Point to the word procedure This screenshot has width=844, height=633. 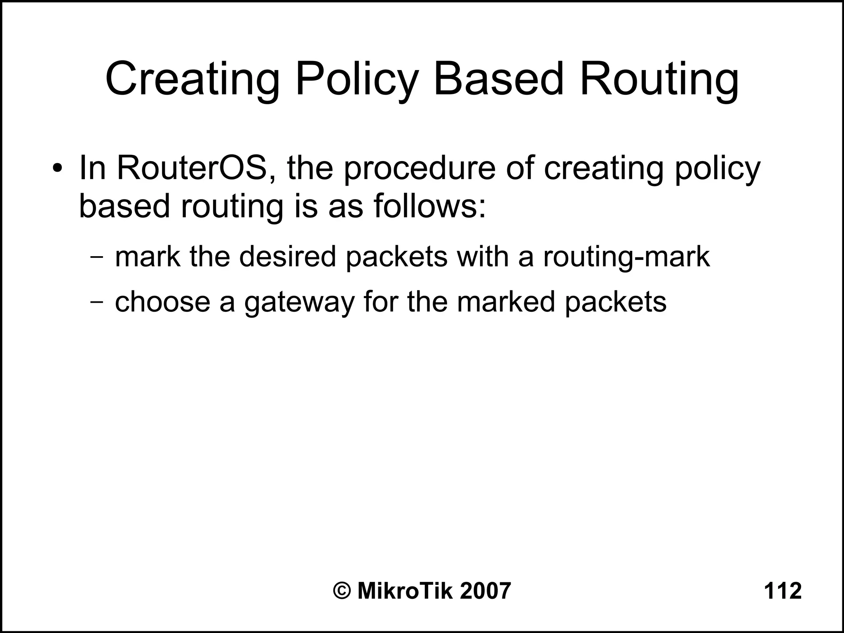pyautogui.click(x=419, y=169)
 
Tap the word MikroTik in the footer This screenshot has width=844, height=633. pyautogui.click(x=405, y=591)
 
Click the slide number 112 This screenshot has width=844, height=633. pyautogui.click(x=783, y=591)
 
